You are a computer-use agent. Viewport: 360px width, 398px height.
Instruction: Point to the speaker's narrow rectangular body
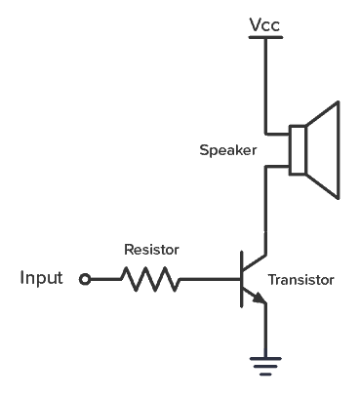(300, 150)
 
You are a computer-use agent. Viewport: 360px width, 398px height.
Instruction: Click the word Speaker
(226, 150)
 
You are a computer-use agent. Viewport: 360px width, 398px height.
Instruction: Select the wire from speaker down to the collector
(263, 205)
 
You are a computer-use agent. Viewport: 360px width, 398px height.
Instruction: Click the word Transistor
(300, 280)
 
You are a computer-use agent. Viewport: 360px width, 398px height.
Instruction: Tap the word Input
(41, 279)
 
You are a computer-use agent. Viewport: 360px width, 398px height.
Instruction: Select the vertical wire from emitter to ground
(264, 332)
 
